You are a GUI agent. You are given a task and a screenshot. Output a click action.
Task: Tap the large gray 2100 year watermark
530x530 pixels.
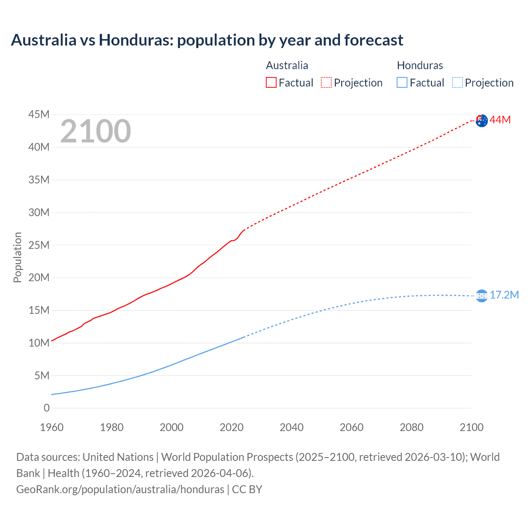click(x=96, y=131)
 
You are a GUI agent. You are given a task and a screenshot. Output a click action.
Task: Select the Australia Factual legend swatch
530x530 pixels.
click(x=271, y=82)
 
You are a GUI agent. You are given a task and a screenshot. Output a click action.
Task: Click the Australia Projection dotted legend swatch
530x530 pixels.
click(x=326, y=82)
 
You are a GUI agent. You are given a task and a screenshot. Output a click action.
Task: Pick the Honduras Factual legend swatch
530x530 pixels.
click(x=402, y=82)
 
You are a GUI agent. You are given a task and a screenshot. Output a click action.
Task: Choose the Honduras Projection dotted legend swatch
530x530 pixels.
click(x=457, y=82)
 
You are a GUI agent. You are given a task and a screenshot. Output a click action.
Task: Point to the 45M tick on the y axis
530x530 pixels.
click(x=39, y=114)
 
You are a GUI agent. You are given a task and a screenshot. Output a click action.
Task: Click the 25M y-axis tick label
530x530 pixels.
click(x=39, y=245)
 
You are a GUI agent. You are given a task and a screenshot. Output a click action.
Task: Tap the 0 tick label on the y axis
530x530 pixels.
click(x=46, y=408)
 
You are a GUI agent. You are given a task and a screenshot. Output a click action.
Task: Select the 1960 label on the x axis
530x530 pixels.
click(x=52, y=427)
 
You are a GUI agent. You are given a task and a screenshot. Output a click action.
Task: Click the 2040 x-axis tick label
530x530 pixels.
click(x=291, y=427)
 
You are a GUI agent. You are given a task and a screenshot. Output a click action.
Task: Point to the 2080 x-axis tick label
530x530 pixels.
click(x=412, y=427)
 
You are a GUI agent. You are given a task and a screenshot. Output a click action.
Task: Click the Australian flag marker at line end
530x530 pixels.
click(x=482, y=120)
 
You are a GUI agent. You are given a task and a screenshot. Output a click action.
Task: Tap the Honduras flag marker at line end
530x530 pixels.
click(x=482, y=296)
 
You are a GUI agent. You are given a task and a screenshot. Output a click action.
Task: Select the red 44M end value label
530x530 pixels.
click(x=500, y=120)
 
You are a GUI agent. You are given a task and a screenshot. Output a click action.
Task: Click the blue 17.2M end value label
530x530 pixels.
click(x=504, y=295)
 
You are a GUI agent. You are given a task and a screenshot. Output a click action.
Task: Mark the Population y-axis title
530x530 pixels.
click(x=17, y=257)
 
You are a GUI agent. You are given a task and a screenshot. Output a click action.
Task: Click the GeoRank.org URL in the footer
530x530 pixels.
click(x=120, y=489)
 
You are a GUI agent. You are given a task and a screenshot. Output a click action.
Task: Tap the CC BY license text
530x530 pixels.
click(x=247, y=489)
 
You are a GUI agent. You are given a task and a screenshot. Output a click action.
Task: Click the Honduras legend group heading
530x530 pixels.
click(x=420, y=65)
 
